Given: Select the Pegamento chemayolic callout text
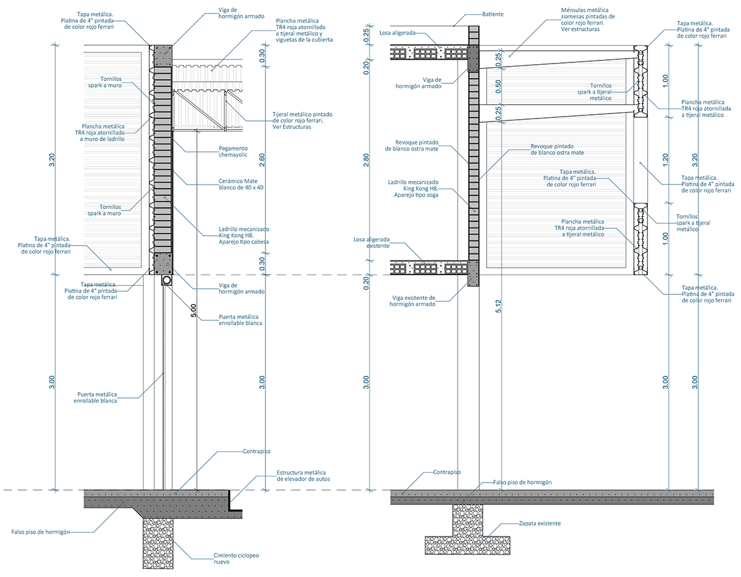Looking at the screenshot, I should click(233, 152).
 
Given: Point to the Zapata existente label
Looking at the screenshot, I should click(540, 523).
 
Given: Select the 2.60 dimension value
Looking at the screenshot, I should click(262, 160).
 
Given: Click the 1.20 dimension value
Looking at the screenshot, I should click(665, 160).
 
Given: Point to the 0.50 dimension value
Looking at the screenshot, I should click(498, 85).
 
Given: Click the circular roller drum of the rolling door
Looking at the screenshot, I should click(166, 281).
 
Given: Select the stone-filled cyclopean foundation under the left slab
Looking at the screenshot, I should click(158, 543).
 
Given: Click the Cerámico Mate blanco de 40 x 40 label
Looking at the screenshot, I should click(241, 184).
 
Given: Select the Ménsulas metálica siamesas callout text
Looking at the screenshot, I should click(585, 19).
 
